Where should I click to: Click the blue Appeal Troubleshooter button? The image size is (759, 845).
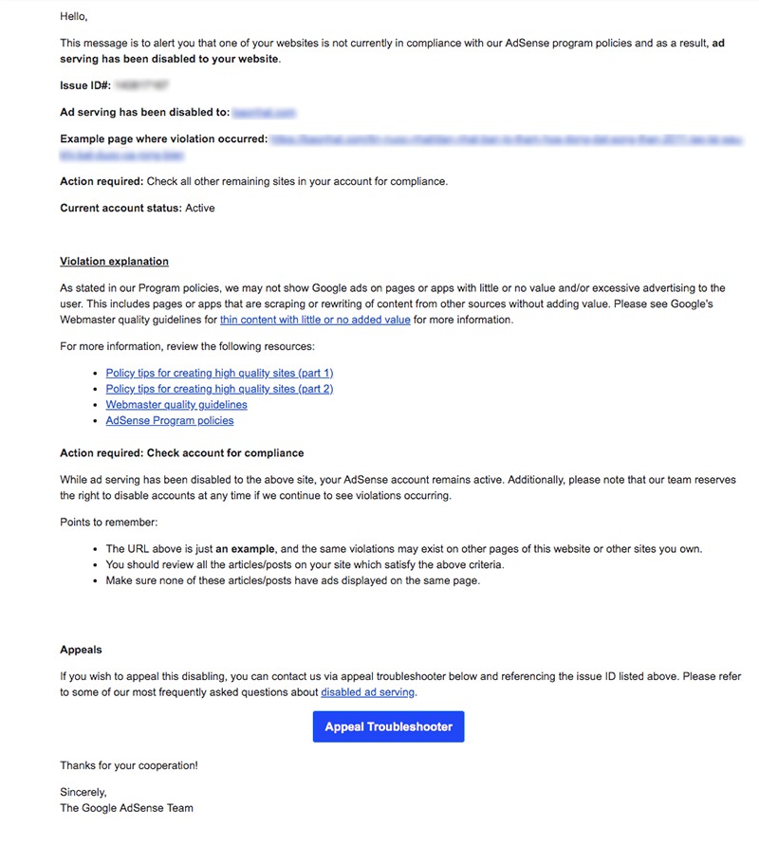click(x=388, y=726)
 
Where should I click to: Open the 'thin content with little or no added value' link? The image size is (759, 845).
click(x=315, y=320)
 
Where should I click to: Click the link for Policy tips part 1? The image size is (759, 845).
click(x=219, y=373)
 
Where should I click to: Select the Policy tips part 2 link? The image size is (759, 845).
click(x=219, y=389)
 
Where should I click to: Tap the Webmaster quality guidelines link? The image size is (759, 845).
click(x=176, y=405)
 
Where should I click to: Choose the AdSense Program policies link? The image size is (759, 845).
click(x=169, y=420)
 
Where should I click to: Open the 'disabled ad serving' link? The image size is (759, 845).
click(x=368, y=692)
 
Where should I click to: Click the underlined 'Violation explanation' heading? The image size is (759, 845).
click(x=114, y=262)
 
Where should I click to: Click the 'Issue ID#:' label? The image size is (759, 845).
click(x=85, y=85)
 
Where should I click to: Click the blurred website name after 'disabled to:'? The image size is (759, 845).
click(x=264, y=112)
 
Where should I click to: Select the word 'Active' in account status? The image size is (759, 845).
click(x=200, y=208)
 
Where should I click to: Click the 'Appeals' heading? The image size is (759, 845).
click(x=81, y=650)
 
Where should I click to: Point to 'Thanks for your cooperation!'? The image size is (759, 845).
click(x=129, y=765)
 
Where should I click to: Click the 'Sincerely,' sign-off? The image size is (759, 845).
click(x=83, y=792)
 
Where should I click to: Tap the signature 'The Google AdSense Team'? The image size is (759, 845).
click(x=126, y=808)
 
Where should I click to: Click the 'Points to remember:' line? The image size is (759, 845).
click(x=108, y=523)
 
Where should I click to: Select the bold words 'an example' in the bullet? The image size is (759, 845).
click(x=246, y=549)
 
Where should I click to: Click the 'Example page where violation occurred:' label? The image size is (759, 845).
click(x=163, y=139)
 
